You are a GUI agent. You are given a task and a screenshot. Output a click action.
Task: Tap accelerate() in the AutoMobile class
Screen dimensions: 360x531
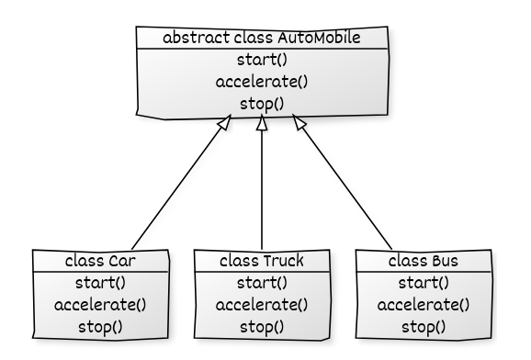(x=263, y=81)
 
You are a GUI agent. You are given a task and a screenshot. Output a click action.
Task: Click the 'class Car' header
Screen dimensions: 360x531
(x=101, y=260)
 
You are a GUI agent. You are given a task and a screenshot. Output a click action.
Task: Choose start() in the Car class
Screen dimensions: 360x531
(x=101, y=282)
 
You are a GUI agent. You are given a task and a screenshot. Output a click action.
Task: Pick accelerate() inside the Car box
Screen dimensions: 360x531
(x=101, y=304)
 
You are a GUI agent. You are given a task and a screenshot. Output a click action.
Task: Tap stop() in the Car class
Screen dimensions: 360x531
(x=101, y=325)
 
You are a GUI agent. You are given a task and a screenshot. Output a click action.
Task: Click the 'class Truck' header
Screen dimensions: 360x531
(x=263, y=260)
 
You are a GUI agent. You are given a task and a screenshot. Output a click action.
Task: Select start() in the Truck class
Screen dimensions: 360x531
(x=263, y=282)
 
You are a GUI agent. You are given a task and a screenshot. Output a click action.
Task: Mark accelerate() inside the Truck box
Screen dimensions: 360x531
(x=263, y=304)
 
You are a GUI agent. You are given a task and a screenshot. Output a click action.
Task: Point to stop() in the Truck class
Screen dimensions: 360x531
(x=263, y=325)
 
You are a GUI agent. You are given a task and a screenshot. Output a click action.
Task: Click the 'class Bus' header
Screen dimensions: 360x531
(x=424, y=260)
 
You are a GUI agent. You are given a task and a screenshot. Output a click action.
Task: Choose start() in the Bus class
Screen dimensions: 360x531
(x=424, y=282)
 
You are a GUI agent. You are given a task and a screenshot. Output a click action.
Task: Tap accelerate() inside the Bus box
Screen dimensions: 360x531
(x=424, y=304)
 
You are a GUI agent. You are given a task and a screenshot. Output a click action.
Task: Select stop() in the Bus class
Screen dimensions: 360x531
(x=424, y=325)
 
